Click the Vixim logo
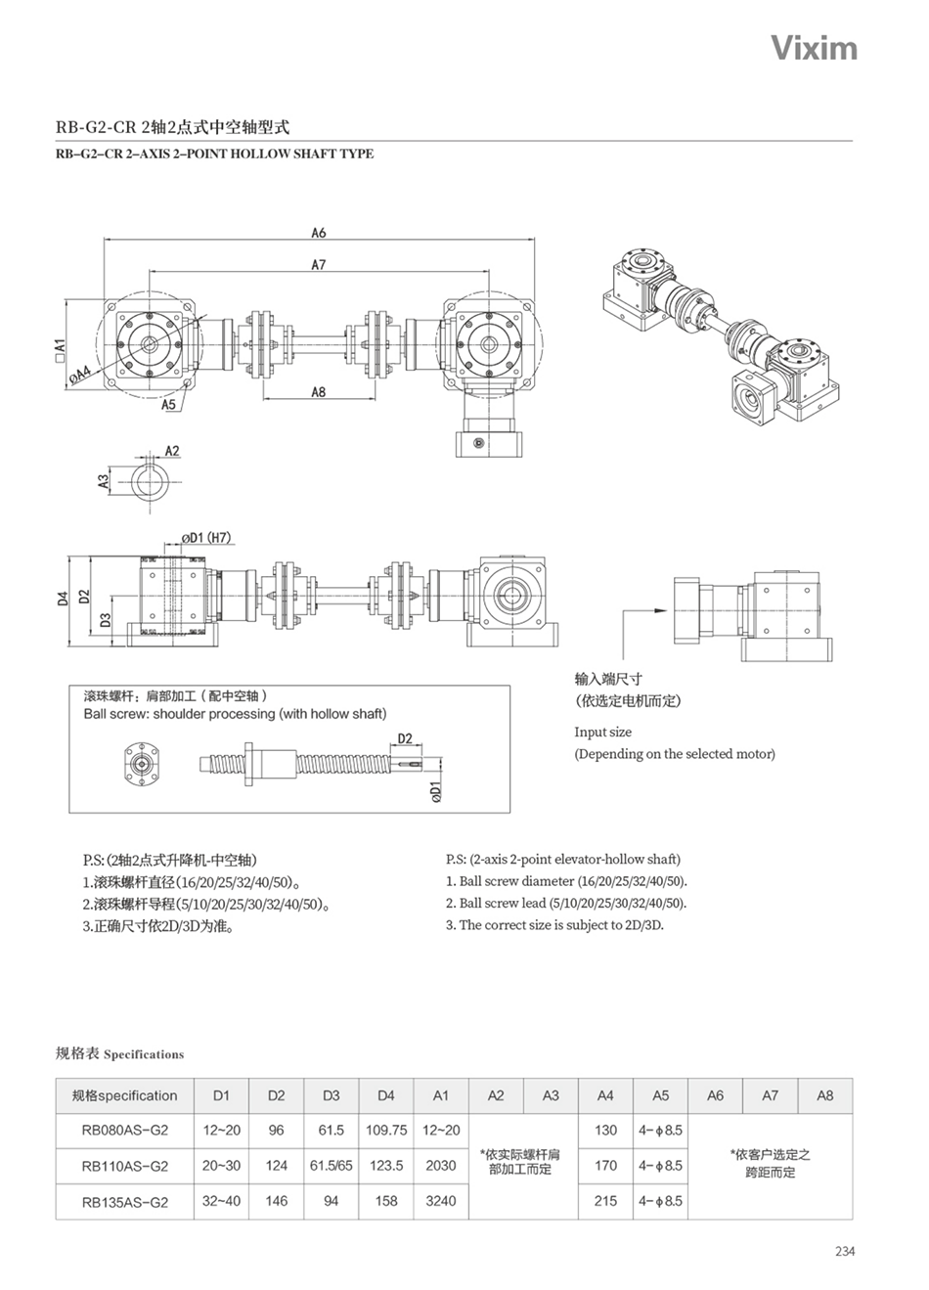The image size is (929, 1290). tap(814, 48)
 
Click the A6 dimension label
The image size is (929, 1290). tap(319, 233)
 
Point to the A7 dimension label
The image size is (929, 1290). tap(319, 264)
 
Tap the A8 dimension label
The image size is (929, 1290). tap(319, 392)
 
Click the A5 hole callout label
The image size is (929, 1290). tap(168, 405)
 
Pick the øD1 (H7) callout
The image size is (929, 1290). tap(206, 537)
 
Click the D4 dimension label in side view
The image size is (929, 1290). tap(63, 599)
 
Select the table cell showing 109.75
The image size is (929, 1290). tap(386, 1130)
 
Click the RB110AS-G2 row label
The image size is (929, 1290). tap(125, 1166)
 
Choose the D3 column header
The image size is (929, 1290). tap(332, 1095)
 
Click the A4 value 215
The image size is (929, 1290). tap(605, 1201)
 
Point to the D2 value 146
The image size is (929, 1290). tap(277, 1201)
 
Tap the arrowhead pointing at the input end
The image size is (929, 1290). tap(661, 610)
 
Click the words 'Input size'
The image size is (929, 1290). tap(602, 732)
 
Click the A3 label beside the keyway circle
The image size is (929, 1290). tap(103, 481)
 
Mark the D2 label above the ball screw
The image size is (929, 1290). tap(405, 738)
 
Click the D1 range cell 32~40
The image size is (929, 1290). tap(221, 1201)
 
